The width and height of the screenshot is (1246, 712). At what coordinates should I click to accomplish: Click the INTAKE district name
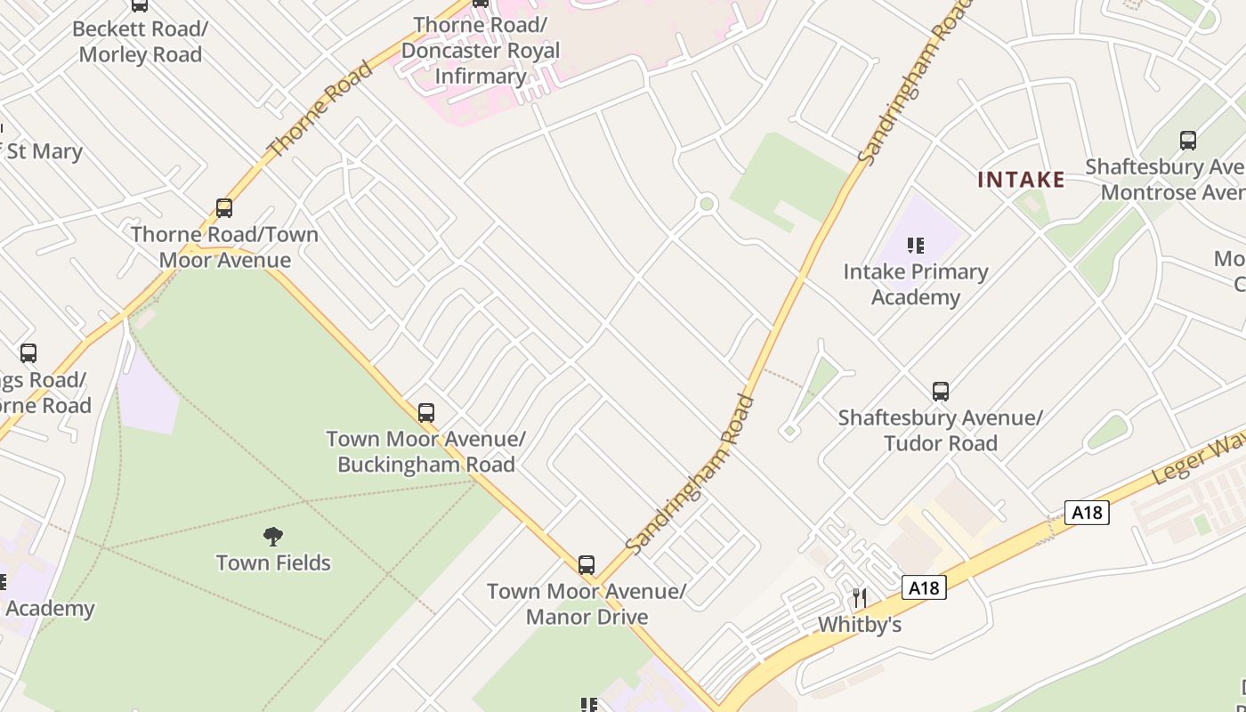[1021, 180]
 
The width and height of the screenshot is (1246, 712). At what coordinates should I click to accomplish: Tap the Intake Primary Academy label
[916, 284]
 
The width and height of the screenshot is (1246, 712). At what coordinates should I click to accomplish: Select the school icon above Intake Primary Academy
[916, 245]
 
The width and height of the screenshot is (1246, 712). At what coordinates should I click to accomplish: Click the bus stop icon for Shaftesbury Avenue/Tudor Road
[941, 391]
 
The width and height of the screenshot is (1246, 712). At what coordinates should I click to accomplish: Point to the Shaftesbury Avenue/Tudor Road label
[940, 430]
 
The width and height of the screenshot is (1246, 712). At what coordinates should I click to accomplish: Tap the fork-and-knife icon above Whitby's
[860, 597]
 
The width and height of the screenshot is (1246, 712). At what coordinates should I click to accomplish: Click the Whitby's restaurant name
[860, 625]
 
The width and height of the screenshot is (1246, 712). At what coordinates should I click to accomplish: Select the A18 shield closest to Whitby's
[924, 587]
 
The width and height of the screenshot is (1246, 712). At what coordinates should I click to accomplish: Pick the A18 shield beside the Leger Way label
[1087, 512]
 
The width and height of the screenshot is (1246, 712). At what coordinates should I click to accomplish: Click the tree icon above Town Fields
[273, 536]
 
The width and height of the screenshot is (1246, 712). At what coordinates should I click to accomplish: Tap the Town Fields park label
[273, 562]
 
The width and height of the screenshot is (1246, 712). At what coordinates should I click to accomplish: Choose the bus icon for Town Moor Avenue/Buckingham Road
[426, 412]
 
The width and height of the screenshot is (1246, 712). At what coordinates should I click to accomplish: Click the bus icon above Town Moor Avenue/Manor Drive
[587, 564]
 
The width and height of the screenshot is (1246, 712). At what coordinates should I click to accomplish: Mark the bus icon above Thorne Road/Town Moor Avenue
[224, 208]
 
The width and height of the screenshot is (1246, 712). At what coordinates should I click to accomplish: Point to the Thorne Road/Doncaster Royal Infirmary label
[481, 50]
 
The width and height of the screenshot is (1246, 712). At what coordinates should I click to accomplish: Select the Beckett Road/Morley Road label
[141, 41]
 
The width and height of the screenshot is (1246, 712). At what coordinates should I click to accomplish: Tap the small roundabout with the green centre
[708, 204]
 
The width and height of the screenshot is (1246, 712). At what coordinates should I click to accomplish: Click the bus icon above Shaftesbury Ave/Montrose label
[1188, 140]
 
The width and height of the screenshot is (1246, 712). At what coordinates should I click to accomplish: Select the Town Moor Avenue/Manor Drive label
[587, 603]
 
